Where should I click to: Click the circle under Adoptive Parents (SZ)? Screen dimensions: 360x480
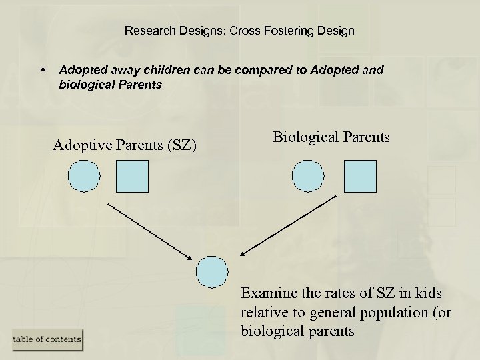[x=84, y=177]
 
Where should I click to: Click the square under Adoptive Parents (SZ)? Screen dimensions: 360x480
[x=132, y=177]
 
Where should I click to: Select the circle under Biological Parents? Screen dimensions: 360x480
[x=308, y=177]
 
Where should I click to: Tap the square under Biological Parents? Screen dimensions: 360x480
[x=360, y=177]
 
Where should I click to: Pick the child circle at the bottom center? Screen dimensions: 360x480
[x=212, y=272]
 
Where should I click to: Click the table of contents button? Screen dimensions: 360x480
[x=47, y=339]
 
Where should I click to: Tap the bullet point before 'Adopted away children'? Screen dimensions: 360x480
[x=43, y=69]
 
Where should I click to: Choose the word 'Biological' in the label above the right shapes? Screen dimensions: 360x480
[x=303, y=138]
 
